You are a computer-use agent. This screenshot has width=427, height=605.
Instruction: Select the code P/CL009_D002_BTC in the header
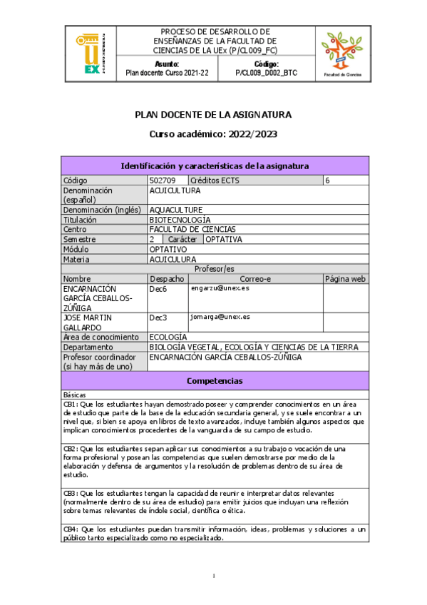click(x=264, y=73)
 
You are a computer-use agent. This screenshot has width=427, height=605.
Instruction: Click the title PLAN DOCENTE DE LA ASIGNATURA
click(x=213, y=114)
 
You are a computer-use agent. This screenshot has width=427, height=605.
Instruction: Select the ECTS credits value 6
click(x=328, y=181)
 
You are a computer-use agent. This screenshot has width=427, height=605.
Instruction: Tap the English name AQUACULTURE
click(x=176, y=210)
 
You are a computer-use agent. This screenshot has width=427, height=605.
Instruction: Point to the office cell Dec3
click(x=158, y=317)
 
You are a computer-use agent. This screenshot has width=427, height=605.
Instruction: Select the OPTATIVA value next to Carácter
click(x=223, y=240)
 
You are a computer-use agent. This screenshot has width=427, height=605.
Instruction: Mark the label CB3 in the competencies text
click(x=71, y=492)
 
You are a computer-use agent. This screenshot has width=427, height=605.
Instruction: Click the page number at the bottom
click(x=214, y=575)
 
